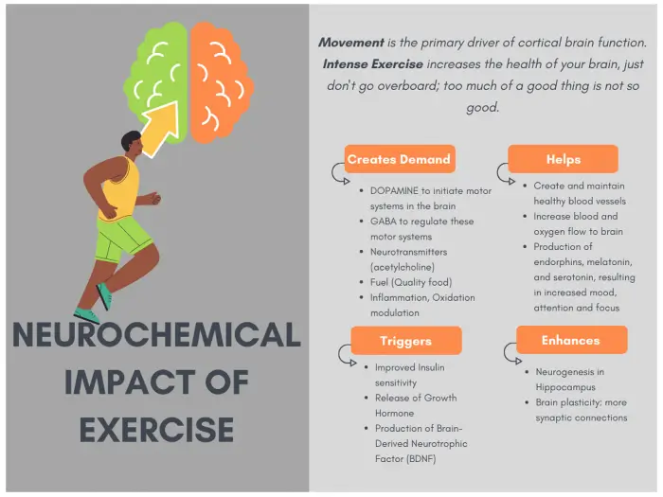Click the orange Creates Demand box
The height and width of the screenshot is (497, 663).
pyautogui.click(x=400, y=159)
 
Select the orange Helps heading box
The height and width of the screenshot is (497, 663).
pyautogui.click(x=563, y=159)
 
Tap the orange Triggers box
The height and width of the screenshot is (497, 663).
pyautogui.click(x=406, y=340)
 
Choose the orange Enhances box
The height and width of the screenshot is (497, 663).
pyautogui.click(x=571, y=340)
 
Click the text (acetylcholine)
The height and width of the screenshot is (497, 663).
pyautogui.click(x=403, y=267)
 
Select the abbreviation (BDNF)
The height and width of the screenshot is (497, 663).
pyautogui.click(x=421, y=459)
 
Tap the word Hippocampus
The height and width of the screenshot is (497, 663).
pyautogui.click(x=565, y=387)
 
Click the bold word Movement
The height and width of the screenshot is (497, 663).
pyautogui.click(x=351, y=43)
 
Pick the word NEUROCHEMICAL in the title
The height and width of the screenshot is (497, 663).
pyautogui.click(x=156, y=335)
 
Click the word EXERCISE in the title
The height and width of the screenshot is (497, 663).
pyautogui.click(x=156, y=430)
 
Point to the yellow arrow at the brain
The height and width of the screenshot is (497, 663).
pyautogui.click(x=161, y=128)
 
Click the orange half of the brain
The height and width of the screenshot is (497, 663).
pyautogui.click(x=221, y=82)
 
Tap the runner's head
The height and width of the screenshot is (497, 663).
pyautogui.click(x=132, y=144)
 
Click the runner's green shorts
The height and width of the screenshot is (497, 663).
pyautogui.click(x=123, y=238)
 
